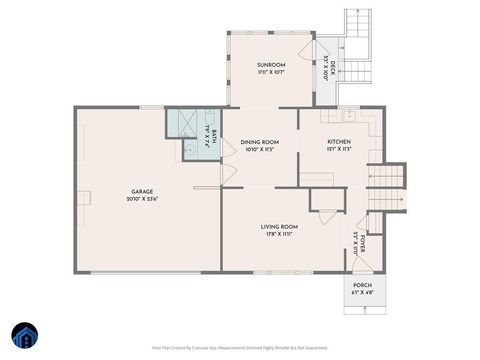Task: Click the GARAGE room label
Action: click(x=143, y=191)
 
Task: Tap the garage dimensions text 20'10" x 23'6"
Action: click(x=143, y=199)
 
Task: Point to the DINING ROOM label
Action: click(x=260, y=142)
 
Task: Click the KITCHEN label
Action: click(x=339, y=142)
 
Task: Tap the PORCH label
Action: click(x=362, y=286)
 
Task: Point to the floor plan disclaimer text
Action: click(x=240, y=347)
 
